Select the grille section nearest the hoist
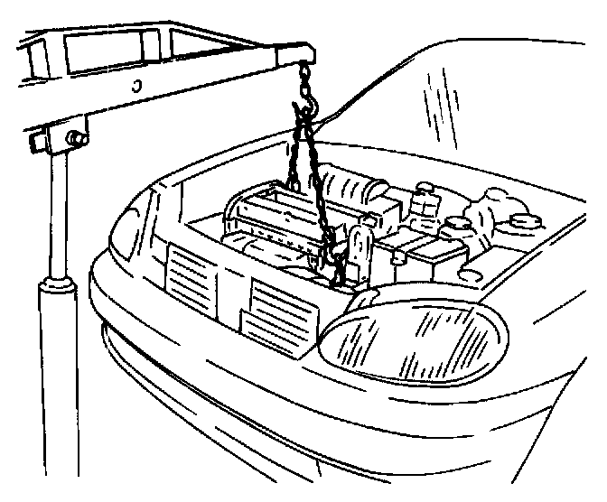(191, 278)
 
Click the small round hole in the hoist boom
(135, 87)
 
